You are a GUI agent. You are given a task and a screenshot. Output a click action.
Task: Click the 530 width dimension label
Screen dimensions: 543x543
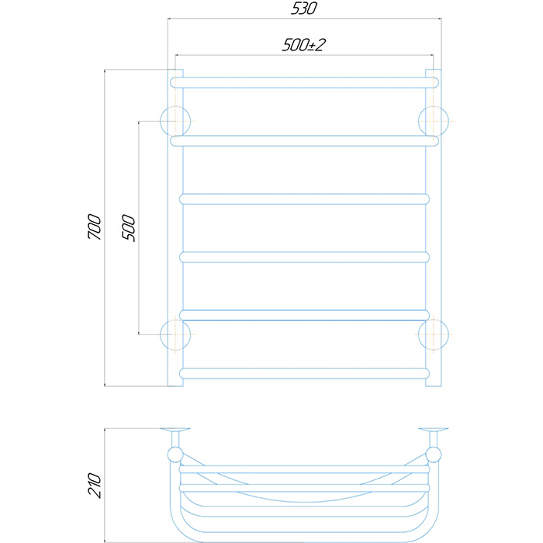304,9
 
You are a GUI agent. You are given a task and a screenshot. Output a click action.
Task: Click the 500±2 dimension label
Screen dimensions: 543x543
304,45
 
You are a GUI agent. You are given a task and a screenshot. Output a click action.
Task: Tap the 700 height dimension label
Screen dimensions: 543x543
95,227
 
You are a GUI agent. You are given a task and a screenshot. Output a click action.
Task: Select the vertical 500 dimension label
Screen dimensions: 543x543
129,227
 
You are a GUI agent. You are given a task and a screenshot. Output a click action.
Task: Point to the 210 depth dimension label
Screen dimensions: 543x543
95,485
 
